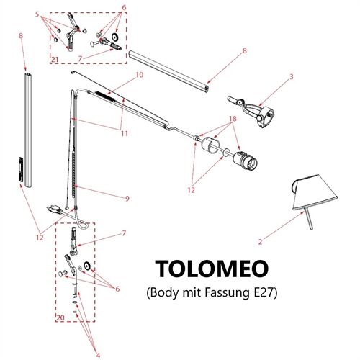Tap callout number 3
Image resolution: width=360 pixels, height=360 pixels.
click(x=291, y=76)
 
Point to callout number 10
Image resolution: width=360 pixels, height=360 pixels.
click(x=139, y=75)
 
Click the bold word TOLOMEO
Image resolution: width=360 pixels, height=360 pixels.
click(x=212, y=269)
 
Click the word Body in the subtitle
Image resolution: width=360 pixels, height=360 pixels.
click(x=165, y=293)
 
